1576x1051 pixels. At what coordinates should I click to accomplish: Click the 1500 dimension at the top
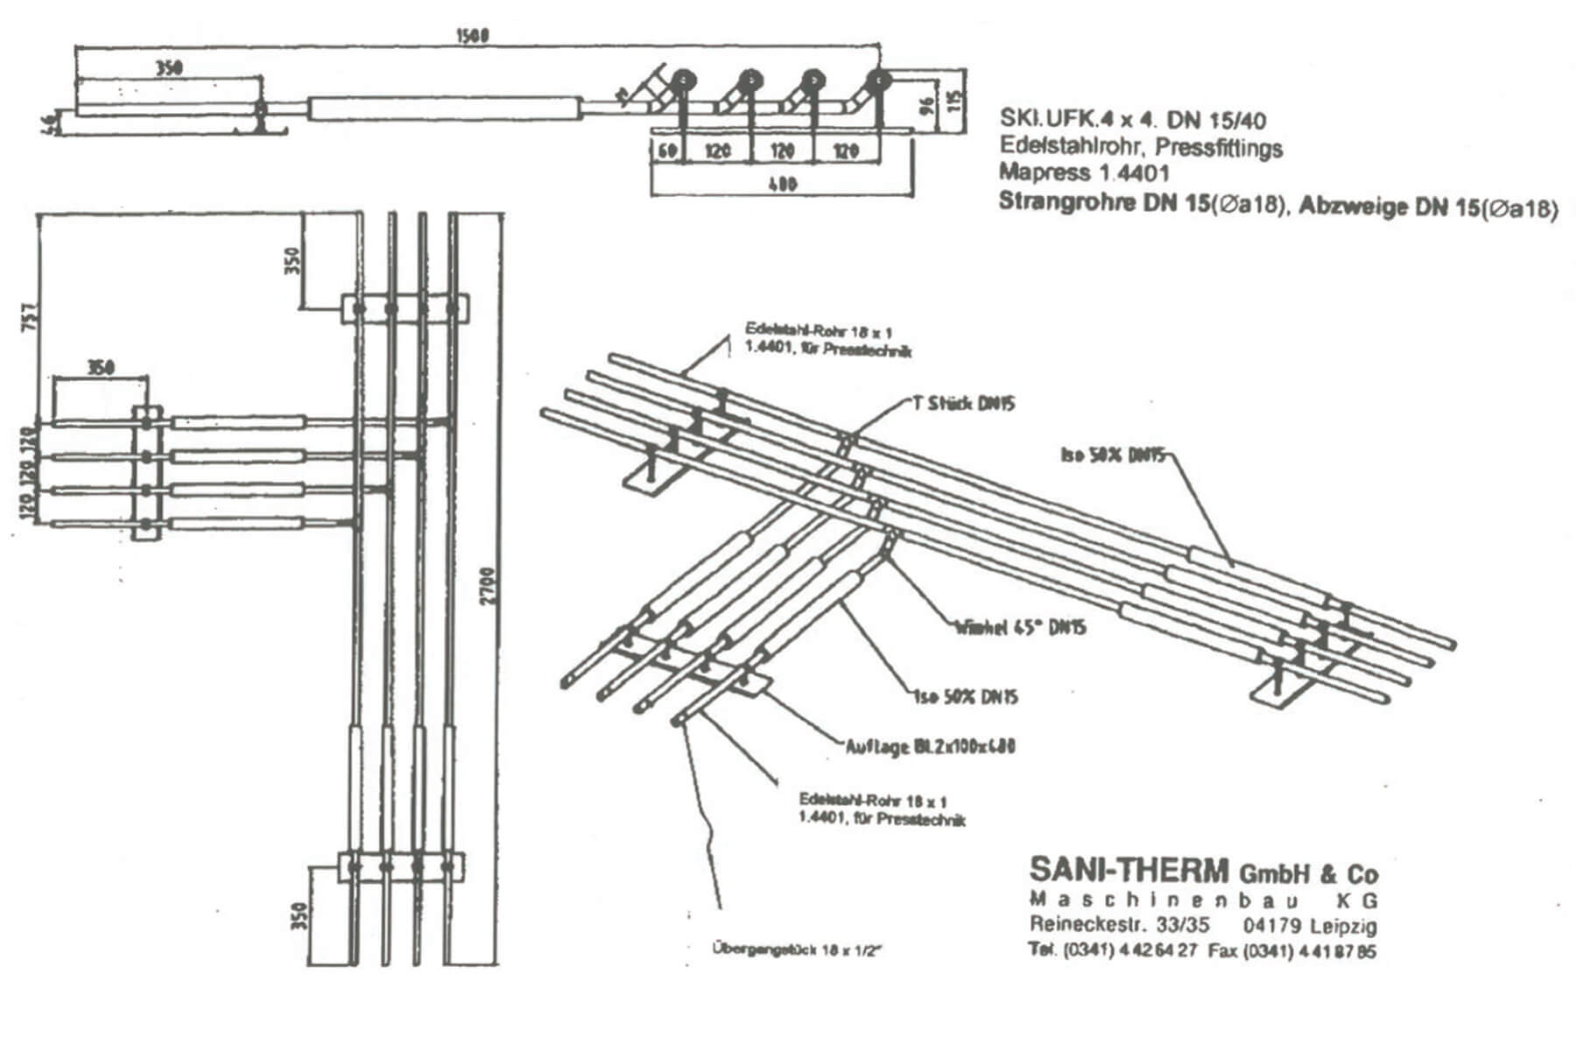coord(473,36)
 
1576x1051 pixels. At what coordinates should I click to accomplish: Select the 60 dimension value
coord(668,151)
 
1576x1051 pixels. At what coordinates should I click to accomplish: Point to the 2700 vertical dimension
coord(488,588)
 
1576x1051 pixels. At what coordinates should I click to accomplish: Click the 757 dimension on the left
coord(29,316)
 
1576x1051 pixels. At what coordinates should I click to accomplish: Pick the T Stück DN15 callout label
coord(960,404)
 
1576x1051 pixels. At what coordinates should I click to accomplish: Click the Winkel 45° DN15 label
coord(1020,627)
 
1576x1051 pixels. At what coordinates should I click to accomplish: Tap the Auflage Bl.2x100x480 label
coord(931,747)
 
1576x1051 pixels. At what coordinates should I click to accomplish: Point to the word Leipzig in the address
coord(1344,926)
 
